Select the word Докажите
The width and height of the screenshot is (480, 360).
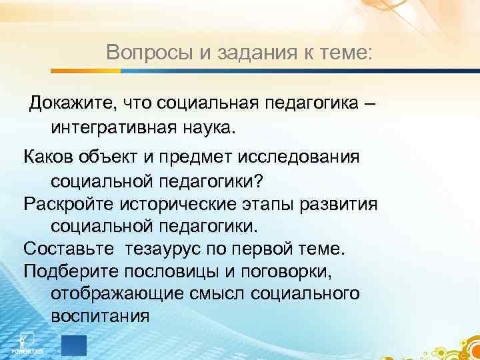pyautogui.click(x=68, y=103)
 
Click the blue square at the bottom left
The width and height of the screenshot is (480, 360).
pyautogui.click(x=73, y=345)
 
